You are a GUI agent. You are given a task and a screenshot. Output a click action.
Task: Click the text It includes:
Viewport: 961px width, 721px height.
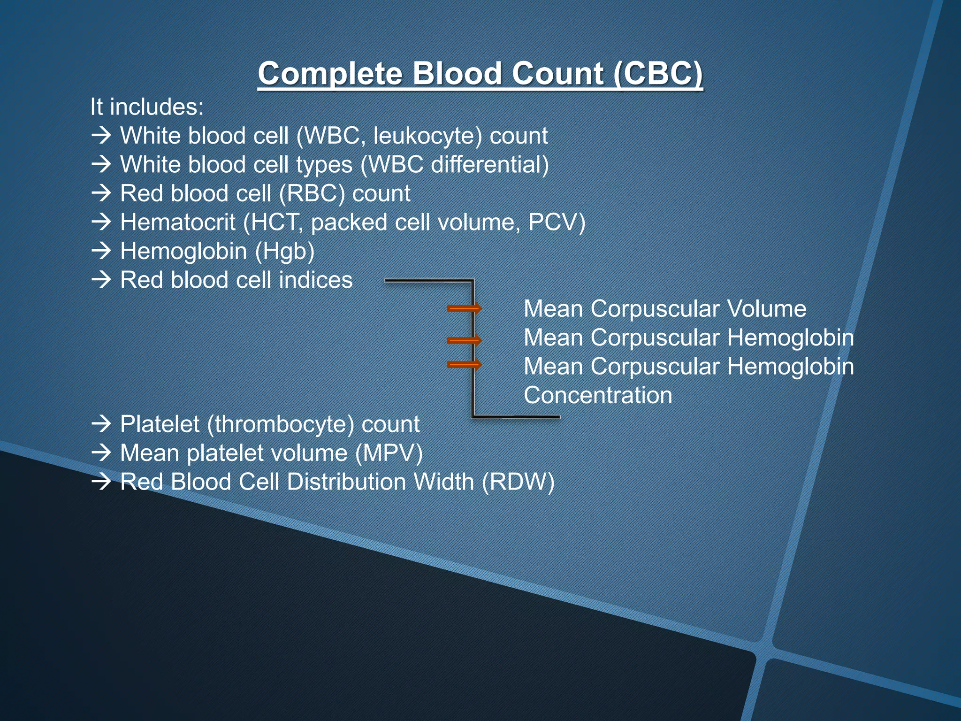(147, 107)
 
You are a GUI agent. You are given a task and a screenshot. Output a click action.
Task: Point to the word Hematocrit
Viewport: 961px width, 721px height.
(177, 222)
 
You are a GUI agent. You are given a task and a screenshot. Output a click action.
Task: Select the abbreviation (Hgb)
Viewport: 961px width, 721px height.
(284, 252)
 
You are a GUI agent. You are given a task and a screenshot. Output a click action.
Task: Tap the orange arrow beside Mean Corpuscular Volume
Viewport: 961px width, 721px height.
(464, 308)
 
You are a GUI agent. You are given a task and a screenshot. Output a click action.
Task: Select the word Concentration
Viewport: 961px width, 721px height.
(598, 395)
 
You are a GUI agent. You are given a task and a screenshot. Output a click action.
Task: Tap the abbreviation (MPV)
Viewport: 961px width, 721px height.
(389, 453)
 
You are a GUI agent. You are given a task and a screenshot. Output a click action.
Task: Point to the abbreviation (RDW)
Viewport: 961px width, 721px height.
(518, 482)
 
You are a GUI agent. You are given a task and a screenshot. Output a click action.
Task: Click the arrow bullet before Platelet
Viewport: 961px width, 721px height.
(101, 424)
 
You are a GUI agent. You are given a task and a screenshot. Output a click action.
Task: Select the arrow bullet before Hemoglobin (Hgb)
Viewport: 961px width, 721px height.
(101, 251)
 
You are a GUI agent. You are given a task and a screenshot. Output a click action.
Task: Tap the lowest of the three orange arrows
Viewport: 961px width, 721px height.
(464, 365)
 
